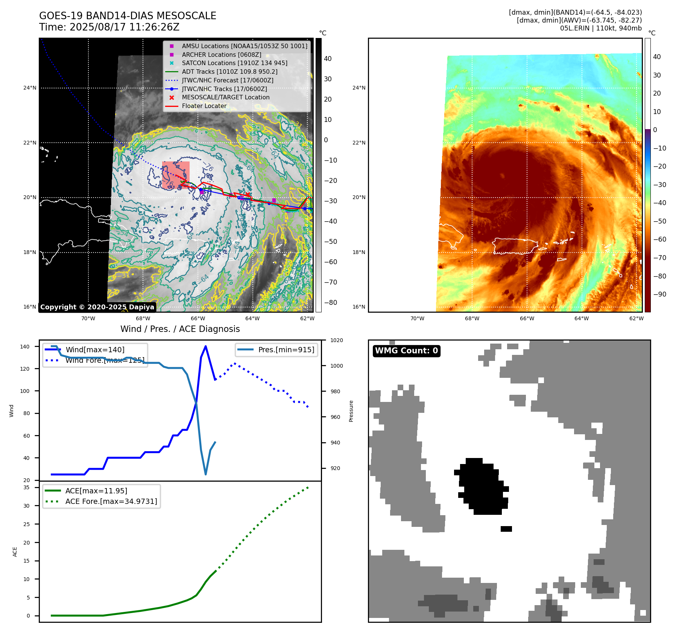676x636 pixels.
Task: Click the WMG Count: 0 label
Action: tap(406, 351)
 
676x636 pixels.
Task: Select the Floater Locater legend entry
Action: tap(204, 106)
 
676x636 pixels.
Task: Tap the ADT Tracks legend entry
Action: tap(229, 72)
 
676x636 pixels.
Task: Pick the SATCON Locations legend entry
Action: tap(234, 63)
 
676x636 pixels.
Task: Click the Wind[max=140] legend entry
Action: tap(95, 350)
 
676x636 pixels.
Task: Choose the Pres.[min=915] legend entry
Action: tap(286, 350)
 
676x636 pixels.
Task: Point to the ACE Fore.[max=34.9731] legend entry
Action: tap(111, 501)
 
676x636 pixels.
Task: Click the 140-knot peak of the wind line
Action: tap(205, 346)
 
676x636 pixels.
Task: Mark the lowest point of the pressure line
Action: tap(205, 474)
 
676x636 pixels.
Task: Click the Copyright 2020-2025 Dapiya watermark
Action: tap(97, 307)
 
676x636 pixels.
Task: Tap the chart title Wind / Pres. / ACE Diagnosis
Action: tap(180, 329)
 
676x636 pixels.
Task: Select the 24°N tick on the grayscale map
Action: tap(30, 88)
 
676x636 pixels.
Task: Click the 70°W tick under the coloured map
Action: tap(417, 318)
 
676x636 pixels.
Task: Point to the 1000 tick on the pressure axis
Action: tap(337, 366)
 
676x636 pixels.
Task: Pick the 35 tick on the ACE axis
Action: tap(27, 487)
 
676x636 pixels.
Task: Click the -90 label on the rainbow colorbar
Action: tap(659, 294)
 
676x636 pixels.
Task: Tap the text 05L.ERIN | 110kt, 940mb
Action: tap(601, 28)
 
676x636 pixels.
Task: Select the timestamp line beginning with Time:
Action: tap(109, 27)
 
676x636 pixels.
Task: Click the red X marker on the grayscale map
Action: tap(248, 195)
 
